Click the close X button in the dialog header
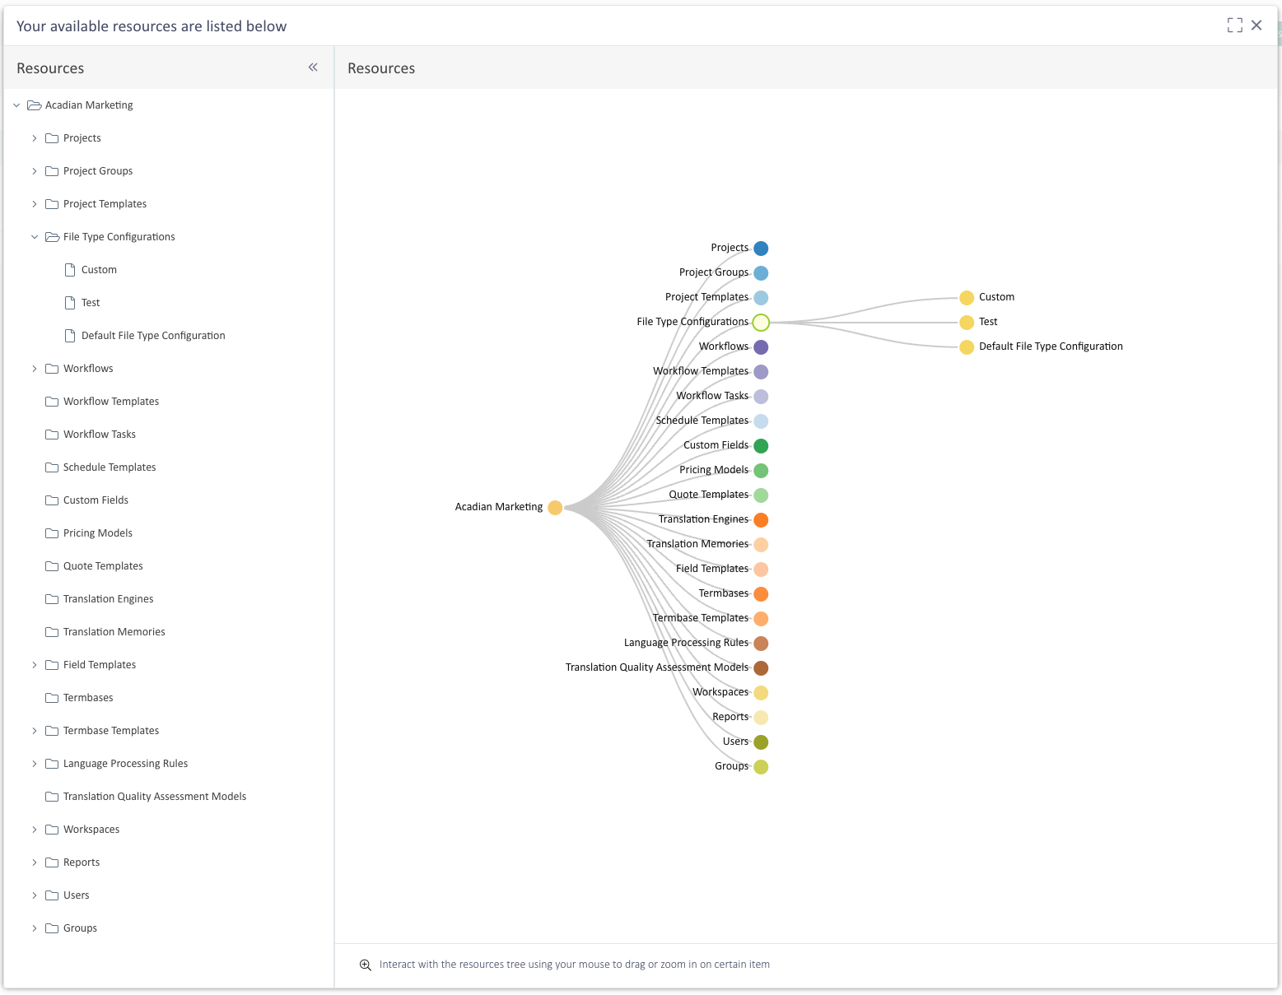pyautogui.click(x=1256, y=26)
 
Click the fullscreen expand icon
pyautogui.click(x=1235, y=26)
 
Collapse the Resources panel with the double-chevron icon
pyautogui.click(x=313, y=67)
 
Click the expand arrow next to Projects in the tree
pyautogui.click(x=35, y=138)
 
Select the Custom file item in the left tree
pyautogui.click(x=99, y=269)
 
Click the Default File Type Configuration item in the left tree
pyautogui.click(x=153, y=336)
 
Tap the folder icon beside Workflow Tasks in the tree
pyautogui.click(x=52, y=435)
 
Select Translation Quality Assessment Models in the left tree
pyautogui.click(x=155, y=797)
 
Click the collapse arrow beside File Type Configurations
pyautogui.click(x=35, y=237)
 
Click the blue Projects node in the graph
pyautogui.click(x=761, y=249)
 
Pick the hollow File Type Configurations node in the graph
pyautogui.click(x=761, y=323)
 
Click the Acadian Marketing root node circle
pyautogui.click(x=555, y=508)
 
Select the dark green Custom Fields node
pyautogui.click(x=761, y=446)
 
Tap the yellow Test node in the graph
pyautogui.click(x=967, y=323)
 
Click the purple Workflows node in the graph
pyautogui.click(x=761, y=347)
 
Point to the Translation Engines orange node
pyautogui.click(x=761, y=520)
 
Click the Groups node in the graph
pyautogui.click(x=761, y=767)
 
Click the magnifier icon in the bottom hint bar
pyautogui.click(x=366, y=965)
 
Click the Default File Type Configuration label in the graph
pyautogui.click(x=1051, y=346)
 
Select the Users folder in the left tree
pyautogui.click(x=76, y=895)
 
